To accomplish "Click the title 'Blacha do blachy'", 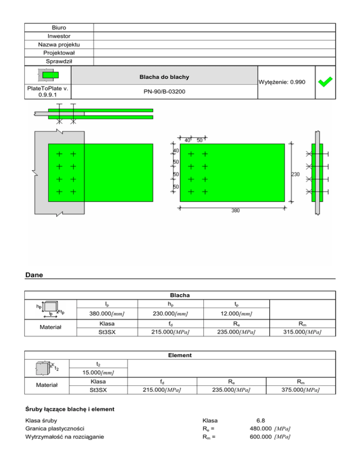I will (164, 76).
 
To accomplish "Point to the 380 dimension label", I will (235, 210).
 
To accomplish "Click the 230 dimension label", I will (296, 174).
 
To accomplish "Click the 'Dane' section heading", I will (34, 276).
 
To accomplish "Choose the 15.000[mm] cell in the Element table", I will (98, 372).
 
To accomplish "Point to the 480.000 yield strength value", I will (261, 428).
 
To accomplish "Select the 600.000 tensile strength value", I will (261, 437).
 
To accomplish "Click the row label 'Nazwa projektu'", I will (59, 45).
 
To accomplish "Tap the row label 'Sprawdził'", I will (59, 61).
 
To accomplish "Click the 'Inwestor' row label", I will (59, 36).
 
